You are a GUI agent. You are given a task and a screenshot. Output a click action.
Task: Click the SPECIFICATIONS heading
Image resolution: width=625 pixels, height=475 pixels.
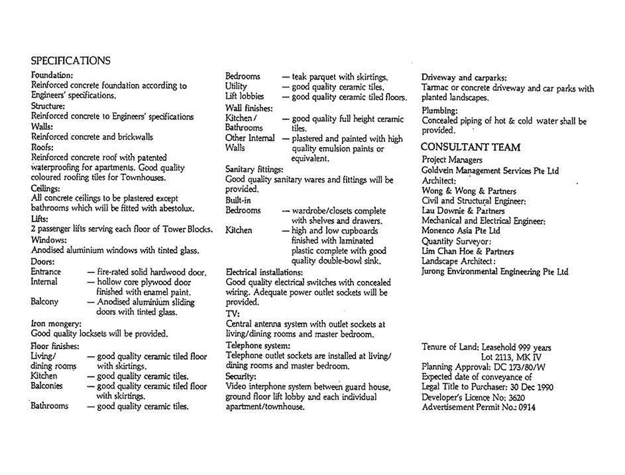[71, 61]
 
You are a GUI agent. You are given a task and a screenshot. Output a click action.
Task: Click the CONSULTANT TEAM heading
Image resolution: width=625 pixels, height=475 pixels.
[471, 147]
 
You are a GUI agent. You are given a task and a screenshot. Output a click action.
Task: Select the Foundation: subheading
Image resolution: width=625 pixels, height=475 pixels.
[52, 76]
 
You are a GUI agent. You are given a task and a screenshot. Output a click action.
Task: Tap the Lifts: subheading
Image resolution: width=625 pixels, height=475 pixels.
[40, 219]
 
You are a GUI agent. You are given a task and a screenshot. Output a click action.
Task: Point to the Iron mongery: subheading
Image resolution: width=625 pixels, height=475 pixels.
[56, 324]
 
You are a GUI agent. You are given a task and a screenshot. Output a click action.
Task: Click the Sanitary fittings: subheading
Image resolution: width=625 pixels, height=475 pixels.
[254, 170]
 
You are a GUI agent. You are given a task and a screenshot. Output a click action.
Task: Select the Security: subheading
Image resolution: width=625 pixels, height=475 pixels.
[241, 376]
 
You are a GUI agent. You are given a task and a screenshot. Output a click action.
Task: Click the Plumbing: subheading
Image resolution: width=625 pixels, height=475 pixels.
[439, 111]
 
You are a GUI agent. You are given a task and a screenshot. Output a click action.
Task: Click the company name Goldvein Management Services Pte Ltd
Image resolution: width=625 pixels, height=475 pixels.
[490, 171]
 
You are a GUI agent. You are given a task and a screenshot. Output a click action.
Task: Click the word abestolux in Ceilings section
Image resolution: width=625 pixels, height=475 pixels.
[174, 209]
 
